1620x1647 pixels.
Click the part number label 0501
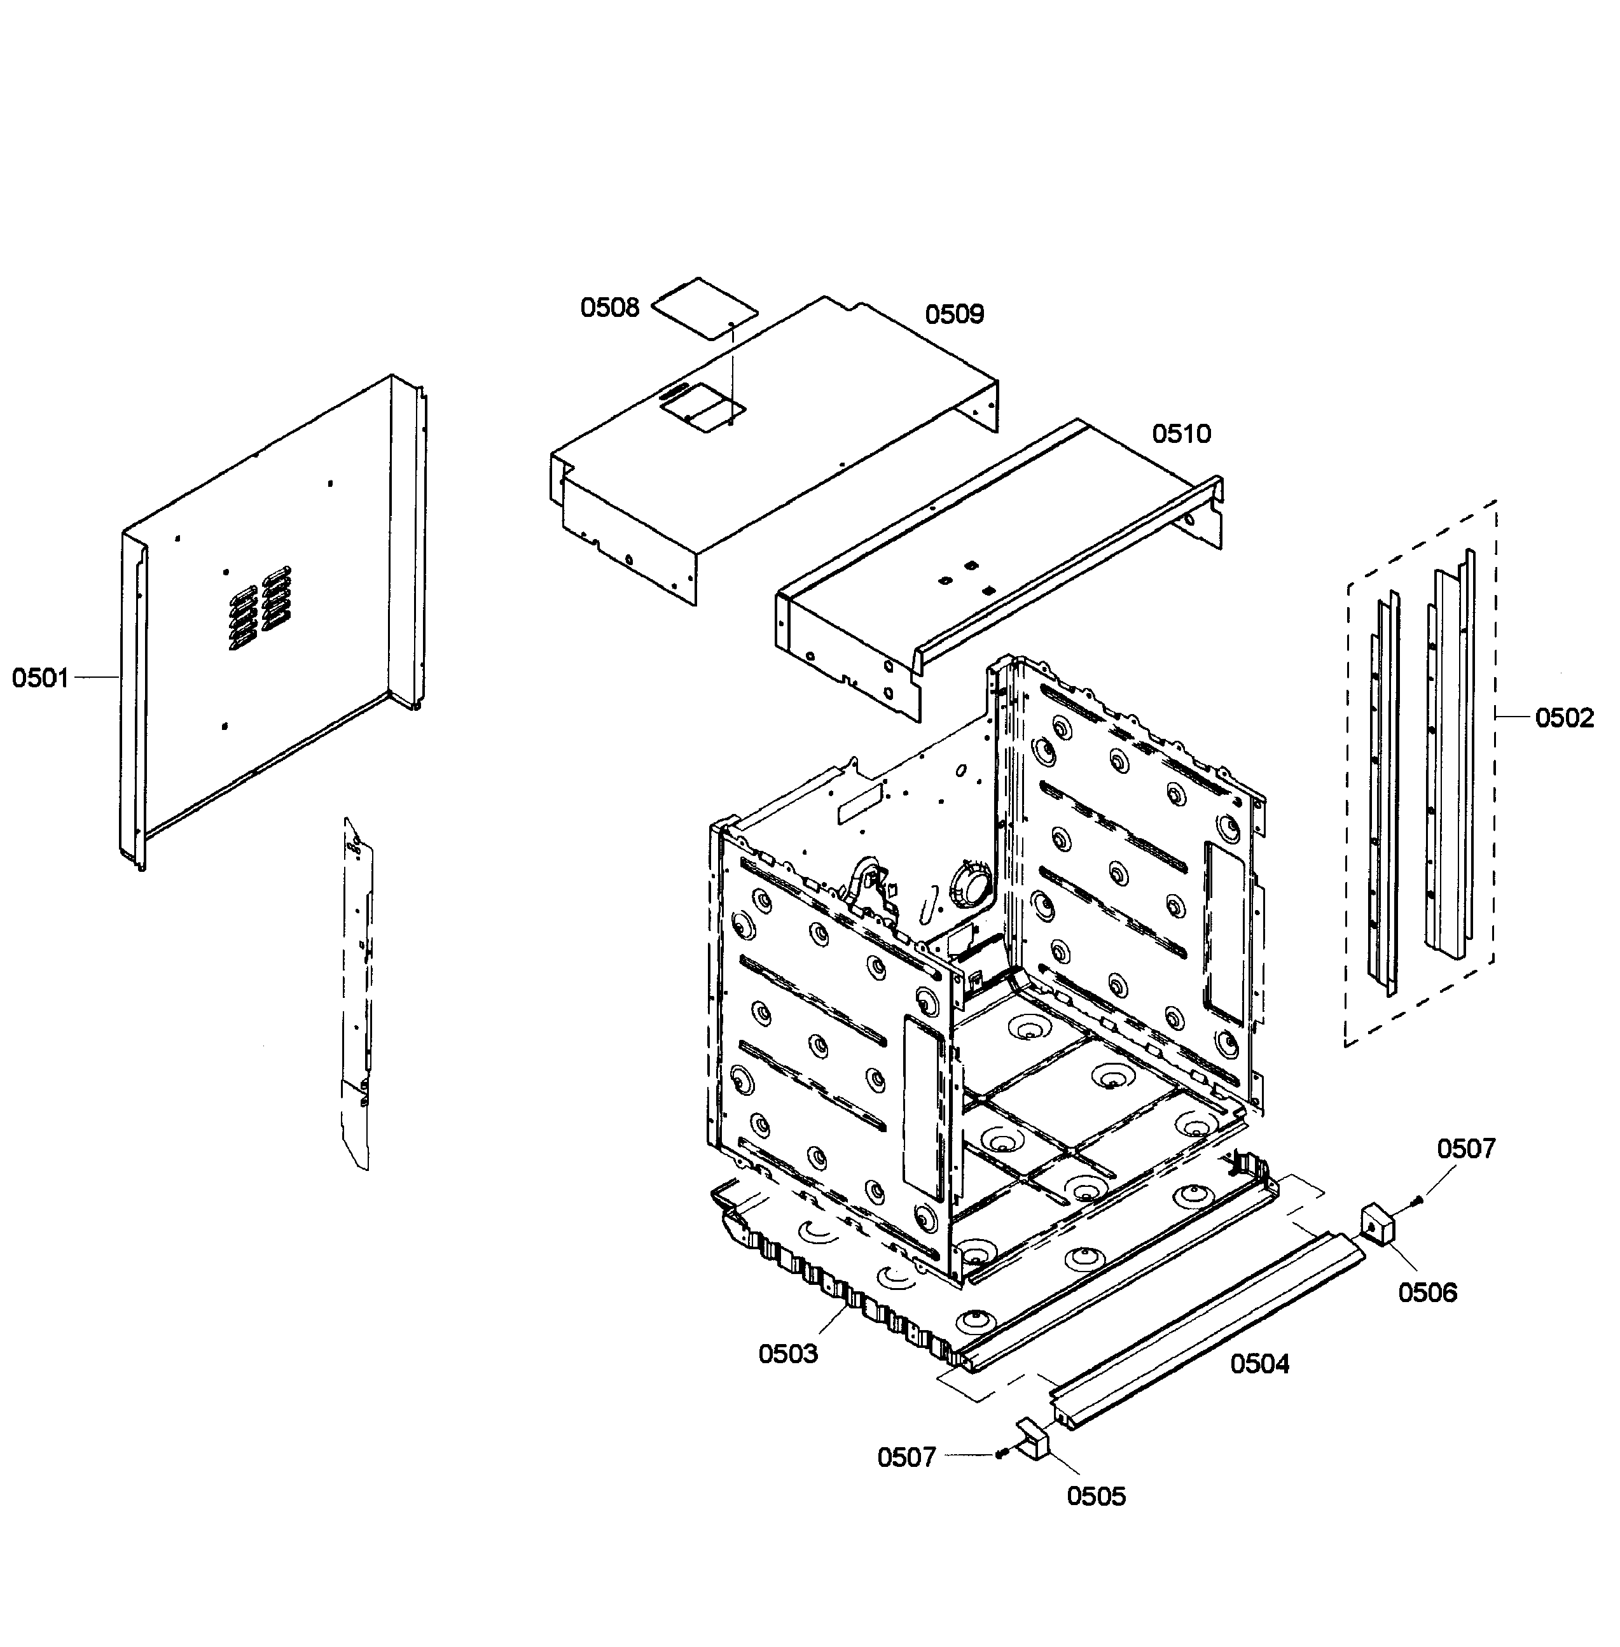point(39,678)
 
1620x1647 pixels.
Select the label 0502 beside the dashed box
point(1564,718)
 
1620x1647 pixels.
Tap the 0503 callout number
point(788,1354)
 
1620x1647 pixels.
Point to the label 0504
point(1259,1364)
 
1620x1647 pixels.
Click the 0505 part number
point(1096,1496)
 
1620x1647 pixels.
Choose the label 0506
point(1428,1293)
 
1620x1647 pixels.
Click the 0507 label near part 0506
point(1466,1149)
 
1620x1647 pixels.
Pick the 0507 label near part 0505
point(906,1457)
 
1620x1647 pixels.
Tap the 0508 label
point(609,308)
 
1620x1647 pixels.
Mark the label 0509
point(954,315)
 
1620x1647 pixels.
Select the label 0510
point(1181,434)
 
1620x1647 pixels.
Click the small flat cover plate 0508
point(703,308)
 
